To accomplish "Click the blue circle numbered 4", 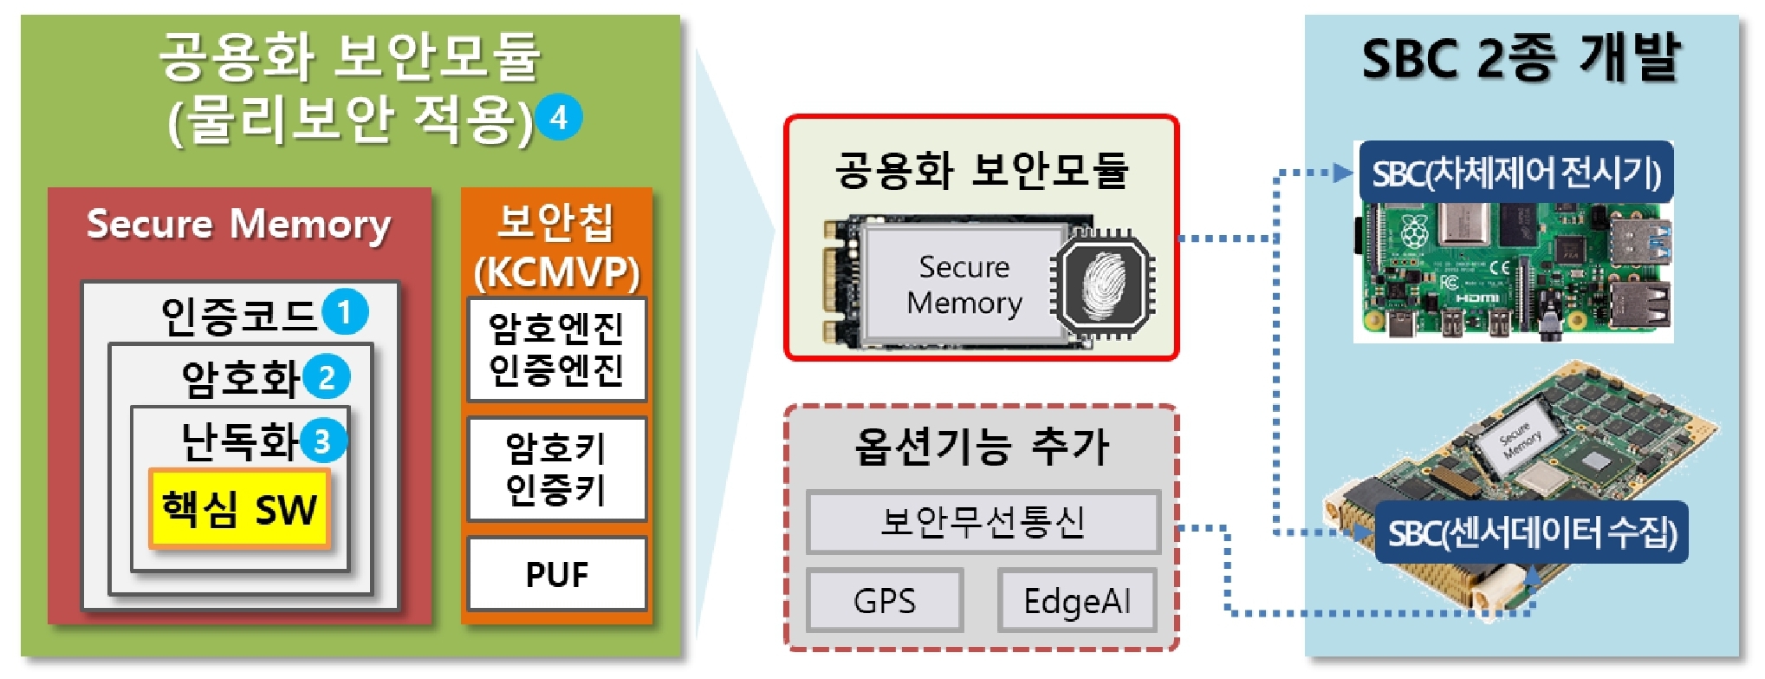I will point(558,118).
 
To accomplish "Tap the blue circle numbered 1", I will point(345,312).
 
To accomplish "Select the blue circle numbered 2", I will point(327,377).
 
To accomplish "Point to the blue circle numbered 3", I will point(322,441).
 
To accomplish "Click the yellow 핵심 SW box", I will point(239,509).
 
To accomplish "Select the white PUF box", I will point(556,574).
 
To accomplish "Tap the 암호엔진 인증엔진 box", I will point(556,349).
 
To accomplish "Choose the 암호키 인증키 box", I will point(556,469).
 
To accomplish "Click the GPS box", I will point(884,600).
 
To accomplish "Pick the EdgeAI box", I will point(1077,600).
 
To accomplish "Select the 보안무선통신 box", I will point(983,522).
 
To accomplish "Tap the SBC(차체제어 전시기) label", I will point(1515,173).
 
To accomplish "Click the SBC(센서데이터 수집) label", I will point(1532,532).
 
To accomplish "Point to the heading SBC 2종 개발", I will point(1521,59).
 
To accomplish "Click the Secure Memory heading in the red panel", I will point(238,224).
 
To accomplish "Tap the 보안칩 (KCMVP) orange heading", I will point(556,246).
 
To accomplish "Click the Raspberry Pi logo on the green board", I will point(1414,231).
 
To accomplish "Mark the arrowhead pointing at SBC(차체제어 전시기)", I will point(1344,173).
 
